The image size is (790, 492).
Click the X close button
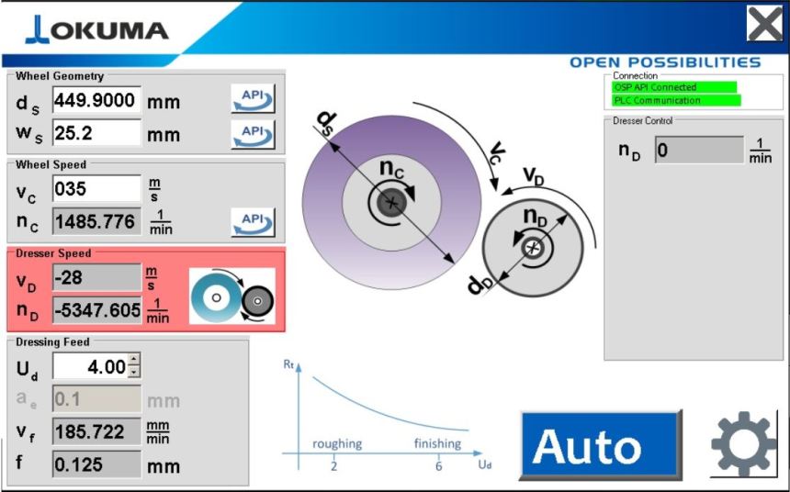(764, 24)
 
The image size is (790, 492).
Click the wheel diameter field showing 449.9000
(96, 100)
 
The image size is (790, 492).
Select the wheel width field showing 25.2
(96, 133)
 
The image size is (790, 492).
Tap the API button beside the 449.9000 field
(252, 99)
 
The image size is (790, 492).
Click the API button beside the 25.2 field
(252, 133)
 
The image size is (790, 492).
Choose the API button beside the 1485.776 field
(252, 221)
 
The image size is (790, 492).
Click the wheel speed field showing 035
(96, 189)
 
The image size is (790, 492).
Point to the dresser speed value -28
(96, 277)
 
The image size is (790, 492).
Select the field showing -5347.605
(96, 310)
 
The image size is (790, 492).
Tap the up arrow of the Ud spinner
(134, 361)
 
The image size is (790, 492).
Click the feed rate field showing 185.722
(96, 430)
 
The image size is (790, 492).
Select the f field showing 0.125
(96, 464)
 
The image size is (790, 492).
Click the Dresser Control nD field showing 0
(698, 150)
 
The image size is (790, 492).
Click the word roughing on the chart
(337, 444)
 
